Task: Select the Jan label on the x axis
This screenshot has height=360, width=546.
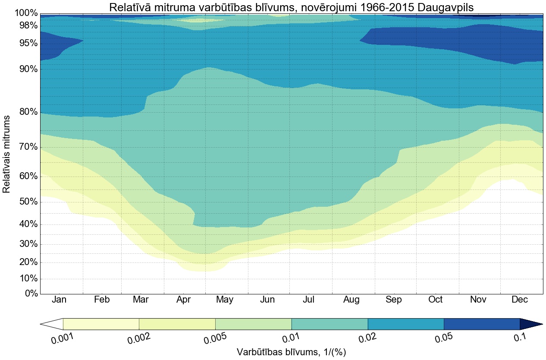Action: [x=60, y=300]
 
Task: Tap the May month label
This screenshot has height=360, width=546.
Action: [x=225, y=300]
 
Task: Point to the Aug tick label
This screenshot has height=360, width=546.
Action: [x=351, y=300]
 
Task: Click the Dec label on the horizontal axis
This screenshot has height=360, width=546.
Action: [x=519, y=300]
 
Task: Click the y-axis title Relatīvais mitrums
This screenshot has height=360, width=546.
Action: [x=6, y=154]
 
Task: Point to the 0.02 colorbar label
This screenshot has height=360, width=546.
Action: [x=368, y=338]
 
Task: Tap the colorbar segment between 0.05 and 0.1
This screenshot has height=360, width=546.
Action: [x=482, y=324]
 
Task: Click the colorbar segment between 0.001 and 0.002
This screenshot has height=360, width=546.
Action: [x=101, y=324]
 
